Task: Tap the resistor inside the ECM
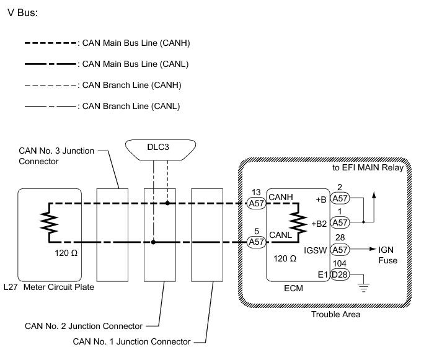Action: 299,221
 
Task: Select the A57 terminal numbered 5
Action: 255,242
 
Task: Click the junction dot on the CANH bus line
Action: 167,202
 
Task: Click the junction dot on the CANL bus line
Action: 152,242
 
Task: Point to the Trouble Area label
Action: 336,314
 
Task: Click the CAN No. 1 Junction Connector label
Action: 131,341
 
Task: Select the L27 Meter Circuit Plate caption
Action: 52,287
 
